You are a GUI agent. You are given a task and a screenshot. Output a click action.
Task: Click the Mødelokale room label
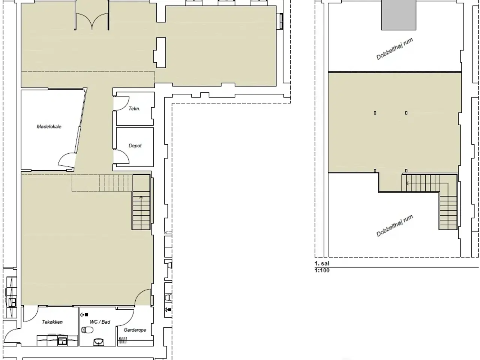[49, 126]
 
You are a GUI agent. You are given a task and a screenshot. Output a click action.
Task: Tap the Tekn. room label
[134, 109]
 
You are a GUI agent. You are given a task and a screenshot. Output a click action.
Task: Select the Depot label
[135, 145]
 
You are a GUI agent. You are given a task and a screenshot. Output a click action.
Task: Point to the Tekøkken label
[52, 322]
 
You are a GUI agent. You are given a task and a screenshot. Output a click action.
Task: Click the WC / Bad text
[100, 322]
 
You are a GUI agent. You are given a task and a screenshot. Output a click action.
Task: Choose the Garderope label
[135, 330]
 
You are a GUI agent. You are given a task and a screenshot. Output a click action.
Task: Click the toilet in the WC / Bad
[87, 330]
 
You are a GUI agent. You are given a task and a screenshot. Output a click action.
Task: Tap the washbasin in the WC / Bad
[99, 342]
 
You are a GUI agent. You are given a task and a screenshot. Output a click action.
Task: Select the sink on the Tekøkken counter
[62, 341]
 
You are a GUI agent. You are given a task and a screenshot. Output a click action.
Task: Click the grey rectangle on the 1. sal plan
[399, 15]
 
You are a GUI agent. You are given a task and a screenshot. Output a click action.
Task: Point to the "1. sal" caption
[322, 263]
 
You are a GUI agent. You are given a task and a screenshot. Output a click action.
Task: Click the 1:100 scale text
[322, 270]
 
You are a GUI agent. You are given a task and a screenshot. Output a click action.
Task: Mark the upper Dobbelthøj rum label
[394, 48]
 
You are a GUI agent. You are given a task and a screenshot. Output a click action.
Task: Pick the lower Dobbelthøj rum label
[394, 226]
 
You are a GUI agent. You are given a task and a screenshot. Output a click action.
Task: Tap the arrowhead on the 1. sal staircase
[407, 183]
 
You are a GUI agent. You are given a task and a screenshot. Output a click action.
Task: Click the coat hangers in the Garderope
[123, 340]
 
